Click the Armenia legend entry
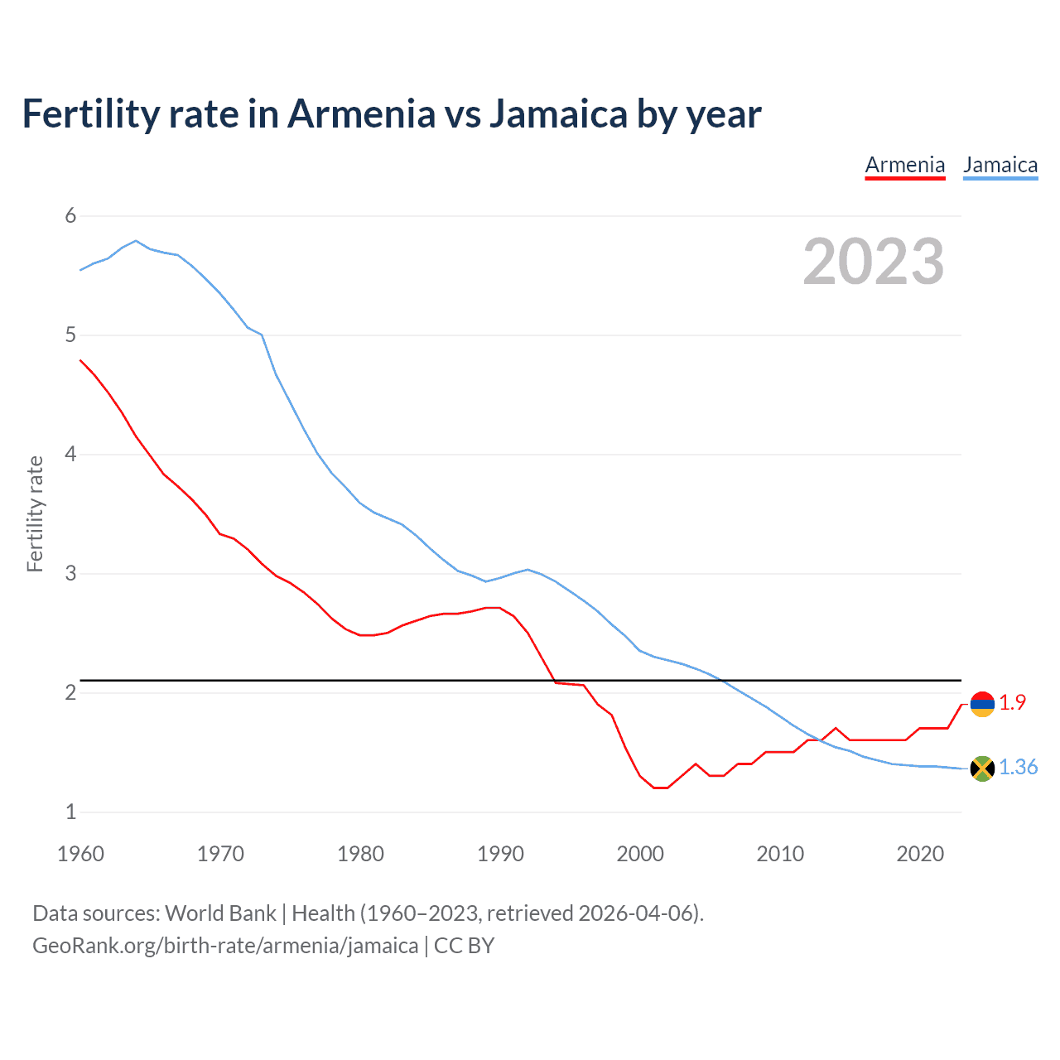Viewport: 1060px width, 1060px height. [x=904, y=166]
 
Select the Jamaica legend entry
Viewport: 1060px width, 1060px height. [x=1000, y=166]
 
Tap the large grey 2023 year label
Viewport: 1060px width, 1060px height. [x=873, y=262]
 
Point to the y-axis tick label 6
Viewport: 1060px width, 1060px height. [x=70, y=216]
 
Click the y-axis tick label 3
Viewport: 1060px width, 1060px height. [x=70, y=573]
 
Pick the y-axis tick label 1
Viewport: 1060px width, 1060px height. [x=70, y=812]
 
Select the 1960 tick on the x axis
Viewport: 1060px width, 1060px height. [x=80, y=854]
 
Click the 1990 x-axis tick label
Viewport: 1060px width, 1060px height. [x=500, y=854]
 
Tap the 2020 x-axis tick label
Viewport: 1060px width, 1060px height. [x=920, y=854]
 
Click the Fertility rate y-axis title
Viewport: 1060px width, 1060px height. [x=35, y=513]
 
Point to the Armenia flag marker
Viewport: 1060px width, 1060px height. [x=982, y=704]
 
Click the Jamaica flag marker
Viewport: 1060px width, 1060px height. [x=982, y=768]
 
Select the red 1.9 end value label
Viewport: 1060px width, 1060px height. [x=1012, y=702]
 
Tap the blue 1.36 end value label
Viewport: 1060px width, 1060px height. [x=1018, y=768]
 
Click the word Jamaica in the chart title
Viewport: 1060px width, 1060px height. [x=558, y=114]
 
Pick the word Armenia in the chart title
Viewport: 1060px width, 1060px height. [x=360, y=114]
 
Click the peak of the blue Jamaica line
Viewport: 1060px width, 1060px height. [x=136, y=241]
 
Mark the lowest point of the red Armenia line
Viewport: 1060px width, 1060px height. [x=660, y=788]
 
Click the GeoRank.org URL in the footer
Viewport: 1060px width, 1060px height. [x=225, y=946]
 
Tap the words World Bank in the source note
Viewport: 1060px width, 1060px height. [x=220, y=913]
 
